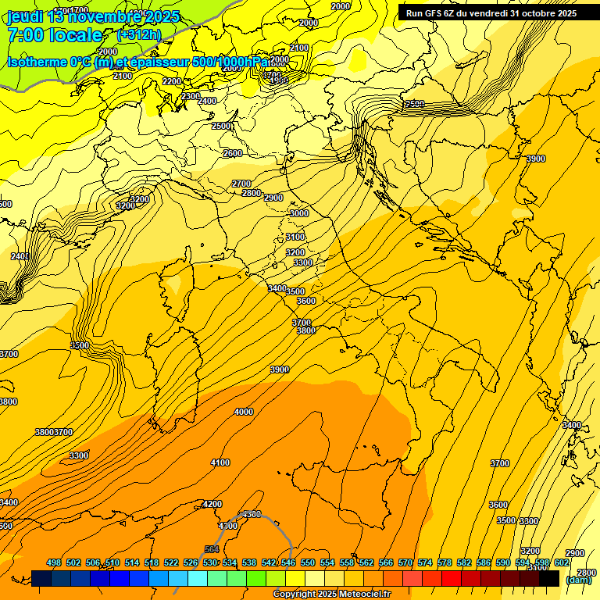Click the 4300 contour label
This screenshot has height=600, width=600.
(252, 514)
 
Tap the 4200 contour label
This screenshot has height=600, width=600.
(212, 504)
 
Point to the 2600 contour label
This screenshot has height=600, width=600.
(233, 153)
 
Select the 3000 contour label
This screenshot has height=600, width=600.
(298, 213)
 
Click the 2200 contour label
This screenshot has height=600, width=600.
(172, 81)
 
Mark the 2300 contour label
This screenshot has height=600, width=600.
(191, 96)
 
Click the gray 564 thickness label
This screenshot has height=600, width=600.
(211, 549)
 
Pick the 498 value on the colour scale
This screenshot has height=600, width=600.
(54, 562)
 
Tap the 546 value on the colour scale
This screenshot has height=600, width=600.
(287, 562)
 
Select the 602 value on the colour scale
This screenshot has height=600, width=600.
(561, 562)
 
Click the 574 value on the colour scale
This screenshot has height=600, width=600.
(425, 562)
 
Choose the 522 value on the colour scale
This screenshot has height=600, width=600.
(172, 562)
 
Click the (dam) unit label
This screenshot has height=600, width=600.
(579, 580)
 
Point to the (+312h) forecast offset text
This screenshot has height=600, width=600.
(138, 34)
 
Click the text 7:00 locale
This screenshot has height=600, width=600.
(55, 35)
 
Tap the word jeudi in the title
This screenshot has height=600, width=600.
(24, 16)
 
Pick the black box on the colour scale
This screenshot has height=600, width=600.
(549, 578)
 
